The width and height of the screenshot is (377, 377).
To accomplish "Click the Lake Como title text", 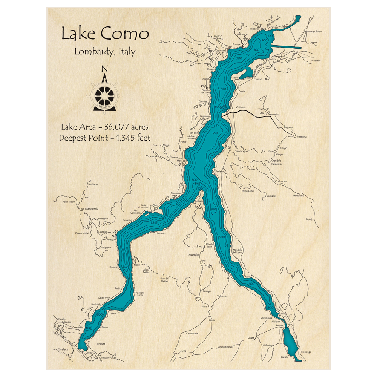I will coord(105,34).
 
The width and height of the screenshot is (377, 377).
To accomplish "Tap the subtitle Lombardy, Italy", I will coord(104,52).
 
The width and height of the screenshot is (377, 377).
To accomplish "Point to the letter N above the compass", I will coord(105,69).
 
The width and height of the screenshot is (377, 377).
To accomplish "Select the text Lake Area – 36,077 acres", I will coord(104,127).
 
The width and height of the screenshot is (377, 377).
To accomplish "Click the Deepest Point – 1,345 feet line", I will coord(104,138).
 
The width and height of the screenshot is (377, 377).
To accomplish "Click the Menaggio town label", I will coord(182,161).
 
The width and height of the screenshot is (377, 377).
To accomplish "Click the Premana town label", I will coord(302,136).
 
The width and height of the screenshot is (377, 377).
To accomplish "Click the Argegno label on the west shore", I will coord(111,239).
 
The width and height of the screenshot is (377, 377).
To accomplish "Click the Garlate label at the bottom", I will coord(285,357).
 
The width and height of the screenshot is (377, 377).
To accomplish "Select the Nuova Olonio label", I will coord(315,32).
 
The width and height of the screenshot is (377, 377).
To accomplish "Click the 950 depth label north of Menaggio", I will coord(215,133).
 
